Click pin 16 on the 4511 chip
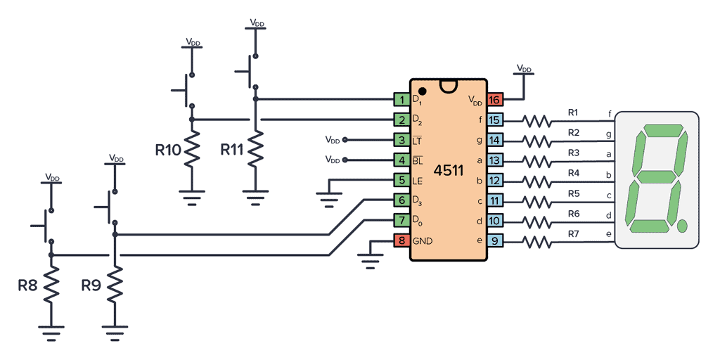(x=495, y=100)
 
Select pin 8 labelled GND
(x=401, y=240)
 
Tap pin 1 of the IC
(x=401, y=100)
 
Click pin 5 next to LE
(x=401, y=180)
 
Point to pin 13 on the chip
(x=495, y=160)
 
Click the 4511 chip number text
(x=449, y=170)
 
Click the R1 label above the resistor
(x=573, y=112)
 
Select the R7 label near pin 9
(x=573, y=233)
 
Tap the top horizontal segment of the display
(x=660, y=132)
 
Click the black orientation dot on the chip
(x=422, y=91)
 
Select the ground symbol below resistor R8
(x=51, y=331)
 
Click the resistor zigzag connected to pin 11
(x=537, y=201)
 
